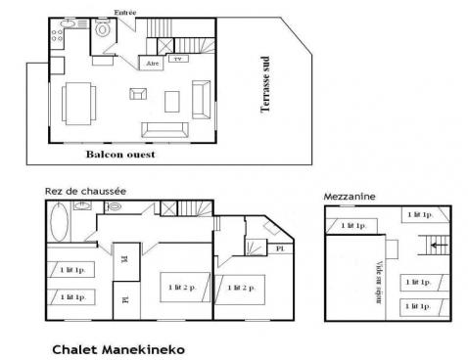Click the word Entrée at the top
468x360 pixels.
tap(126, 12)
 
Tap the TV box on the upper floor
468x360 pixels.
tap(177, 59)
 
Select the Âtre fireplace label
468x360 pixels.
tap(152, 63)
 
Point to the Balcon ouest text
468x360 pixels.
tap(120, 154)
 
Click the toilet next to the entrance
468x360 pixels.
tap(103, 30)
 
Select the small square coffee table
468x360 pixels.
tap(137, 94)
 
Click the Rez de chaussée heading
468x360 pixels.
tap(84, 191)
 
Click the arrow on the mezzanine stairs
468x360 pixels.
tap(435, 247)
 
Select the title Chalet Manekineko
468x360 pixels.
tap(117, 347)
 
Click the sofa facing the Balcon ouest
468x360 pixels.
tap(164, 128)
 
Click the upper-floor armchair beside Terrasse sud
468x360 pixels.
tap(200, 98)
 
